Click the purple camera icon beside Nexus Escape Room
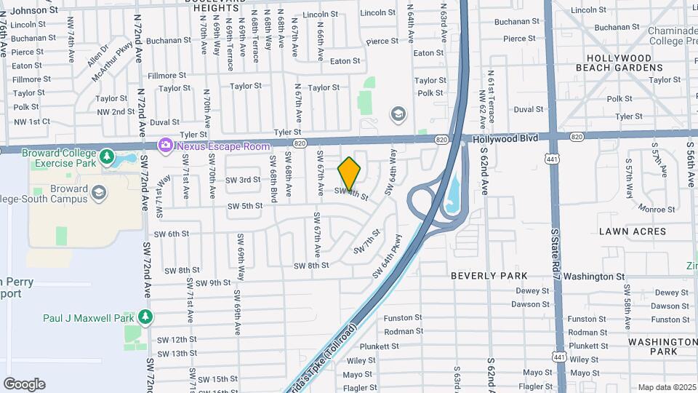166,146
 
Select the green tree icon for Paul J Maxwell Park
145,317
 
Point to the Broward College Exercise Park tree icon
108,156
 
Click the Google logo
24,384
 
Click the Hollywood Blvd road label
506,138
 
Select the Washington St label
594,277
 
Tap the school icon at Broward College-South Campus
99,192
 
